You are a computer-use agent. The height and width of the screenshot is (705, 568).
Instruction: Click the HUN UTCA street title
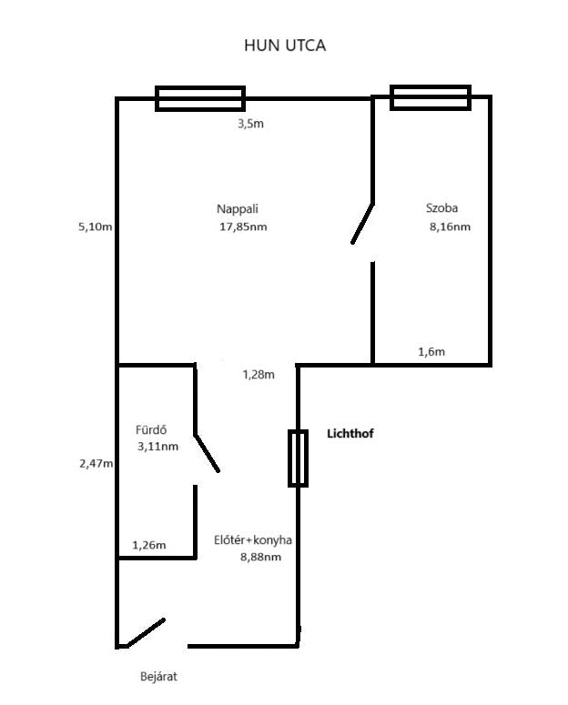coord(285,45)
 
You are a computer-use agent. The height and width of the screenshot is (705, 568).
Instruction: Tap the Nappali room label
coord(238,209)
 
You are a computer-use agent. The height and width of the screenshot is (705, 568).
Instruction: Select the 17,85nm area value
coord(243,227)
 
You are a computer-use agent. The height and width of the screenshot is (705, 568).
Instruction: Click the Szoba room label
coord(442,207)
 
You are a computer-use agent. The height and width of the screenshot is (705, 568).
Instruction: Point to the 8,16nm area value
coord(450,227)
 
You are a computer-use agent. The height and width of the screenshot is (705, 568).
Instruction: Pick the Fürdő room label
coord(151,430)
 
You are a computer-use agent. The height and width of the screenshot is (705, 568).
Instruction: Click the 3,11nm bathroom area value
coord(157,447)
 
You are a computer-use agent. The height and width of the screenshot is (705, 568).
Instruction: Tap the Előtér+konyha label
coord(253,540)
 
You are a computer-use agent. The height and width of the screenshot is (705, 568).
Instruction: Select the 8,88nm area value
coord(260,557)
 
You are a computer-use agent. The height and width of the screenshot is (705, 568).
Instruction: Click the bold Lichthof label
coord(350,433)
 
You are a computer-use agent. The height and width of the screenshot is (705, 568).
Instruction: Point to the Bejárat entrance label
coord(158,676)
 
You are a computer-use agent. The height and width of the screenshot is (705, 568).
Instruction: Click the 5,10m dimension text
coord(96,227)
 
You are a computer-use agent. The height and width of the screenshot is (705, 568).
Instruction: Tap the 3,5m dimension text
coord(250,124)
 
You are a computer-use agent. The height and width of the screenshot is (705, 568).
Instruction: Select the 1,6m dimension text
coord(431,352)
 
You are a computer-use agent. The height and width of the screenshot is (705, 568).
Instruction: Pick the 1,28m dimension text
coord(259,375)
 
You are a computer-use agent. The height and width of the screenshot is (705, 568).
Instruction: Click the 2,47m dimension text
coord(96,463)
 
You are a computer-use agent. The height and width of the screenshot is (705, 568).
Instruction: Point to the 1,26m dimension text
coord(149,546)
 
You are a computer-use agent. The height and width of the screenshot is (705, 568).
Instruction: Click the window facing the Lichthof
coord(298,458)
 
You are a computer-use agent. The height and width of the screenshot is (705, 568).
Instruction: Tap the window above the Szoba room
coord(431,97)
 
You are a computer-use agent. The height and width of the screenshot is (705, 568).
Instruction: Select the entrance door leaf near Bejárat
coord(146,633)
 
